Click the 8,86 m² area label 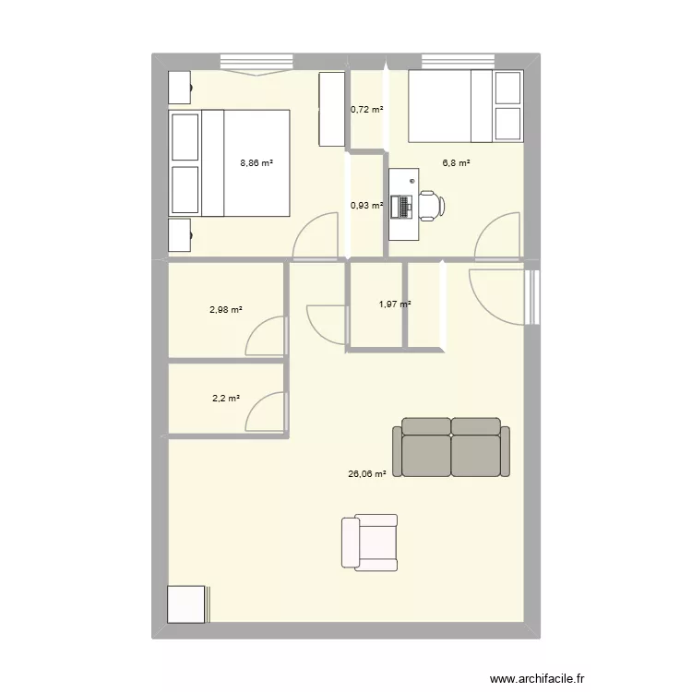[x=257, y=162]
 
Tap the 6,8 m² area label [x=456, y=162]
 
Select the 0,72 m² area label [x=366, y=109]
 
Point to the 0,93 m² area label [x=366, y=205]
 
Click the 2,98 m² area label [x=225, y=310]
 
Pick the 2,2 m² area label [x=226, y=398]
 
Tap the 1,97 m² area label [x=395, y=304]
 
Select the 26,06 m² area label [x=366, y=474]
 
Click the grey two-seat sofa [x=451, y=447]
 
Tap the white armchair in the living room [x=370, y=543]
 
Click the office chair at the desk [x=431, y=206]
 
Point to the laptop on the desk [x=405, y=207]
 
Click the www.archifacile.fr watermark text [x=537, y=678]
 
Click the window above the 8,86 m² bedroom [x=257, y=62]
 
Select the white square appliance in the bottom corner [x=186, y=604]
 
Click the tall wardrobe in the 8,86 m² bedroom [x=332, y=109]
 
